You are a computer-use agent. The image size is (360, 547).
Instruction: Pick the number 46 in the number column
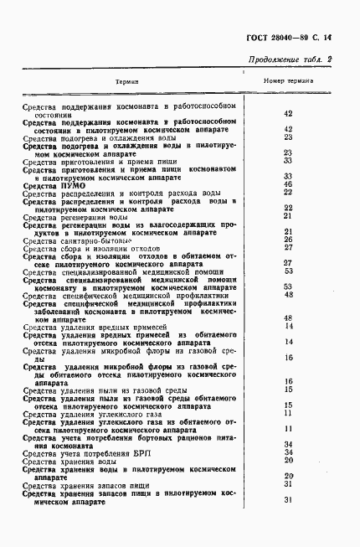point(287,183)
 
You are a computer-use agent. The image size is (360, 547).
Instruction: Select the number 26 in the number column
point(287,240)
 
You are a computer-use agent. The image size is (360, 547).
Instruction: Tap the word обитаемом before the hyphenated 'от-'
point(206,255)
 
